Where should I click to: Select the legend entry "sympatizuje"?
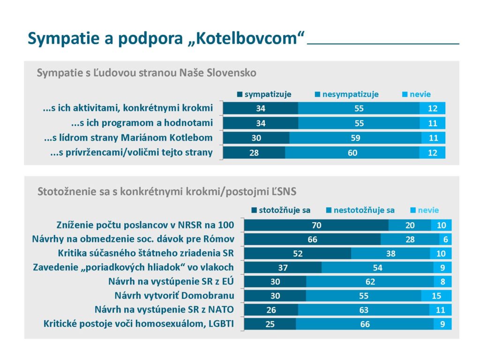click(x=264, y=94)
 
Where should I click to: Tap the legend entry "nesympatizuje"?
click(x=347, y=94)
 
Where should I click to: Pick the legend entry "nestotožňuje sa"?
click(x=360, y=210)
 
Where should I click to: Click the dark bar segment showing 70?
click(x=316, y=225)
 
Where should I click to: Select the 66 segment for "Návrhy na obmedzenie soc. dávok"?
click(x=312, y=240)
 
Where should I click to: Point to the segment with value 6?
click(x=445, y=240)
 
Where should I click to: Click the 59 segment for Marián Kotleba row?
click(x=355, y=138)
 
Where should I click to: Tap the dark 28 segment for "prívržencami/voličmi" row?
click(x=254, y=152)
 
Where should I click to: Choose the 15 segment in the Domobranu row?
click(x=436, y=296)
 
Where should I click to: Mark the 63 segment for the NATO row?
click(x=363, y=310)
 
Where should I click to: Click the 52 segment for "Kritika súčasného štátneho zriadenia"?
click(x=297, y=254)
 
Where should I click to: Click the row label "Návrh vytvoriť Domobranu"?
click(x=174, y=296)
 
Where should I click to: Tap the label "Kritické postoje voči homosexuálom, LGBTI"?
click(x=139, y=324)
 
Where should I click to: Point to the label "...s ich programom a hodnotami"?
click(x=142, y=123)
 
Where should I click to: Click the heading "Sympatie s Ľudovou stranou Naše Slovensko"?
click(x=146, y=73)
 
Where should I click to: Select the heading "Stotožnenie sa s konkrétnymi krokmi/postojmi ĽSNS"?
click(x=167, y=191)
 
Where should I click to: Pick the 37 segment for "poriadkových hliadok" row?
click(x=283, y=268)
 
